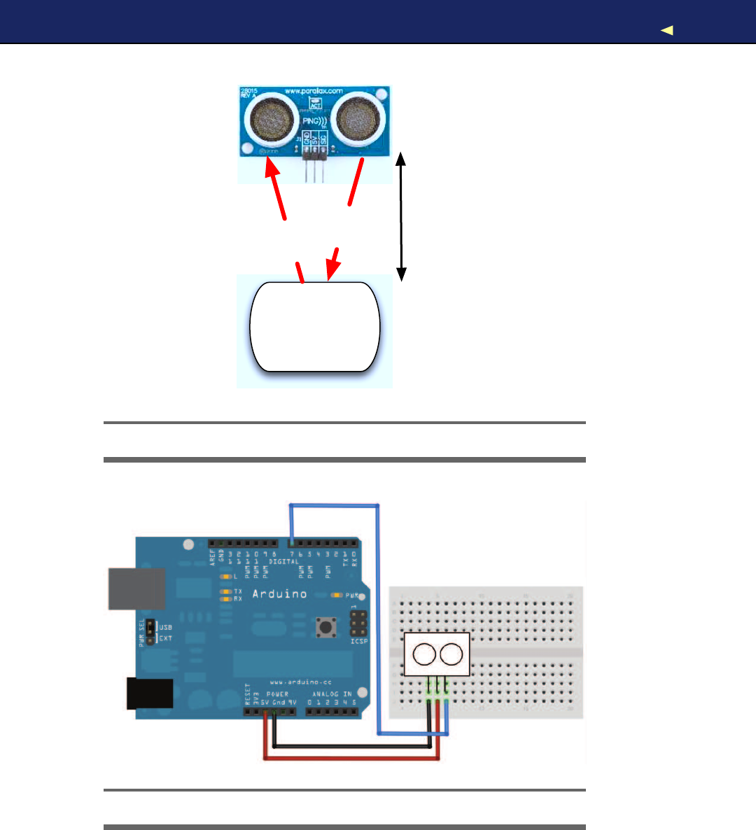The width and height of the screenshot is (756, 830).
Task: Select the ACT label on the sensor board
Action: point(316,105)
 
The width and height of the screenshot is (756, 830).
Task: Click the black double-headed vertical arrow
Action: point(401,217)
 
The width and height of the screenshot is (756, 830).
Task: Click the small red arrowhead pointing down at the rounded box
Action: point(332,265)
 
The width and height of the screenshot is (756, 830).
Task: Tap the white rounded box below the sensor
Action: point(315,327)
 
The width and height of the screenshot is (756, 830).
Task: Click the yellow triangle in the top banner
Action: point(667,30)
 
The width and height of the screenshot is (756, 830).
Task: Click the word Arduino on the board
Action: point(279,594)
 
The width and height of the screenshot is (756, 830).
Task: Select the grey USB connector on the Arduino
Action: point(136,589)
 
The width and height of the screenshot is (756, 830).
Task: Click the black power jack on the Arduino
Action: point(150,694)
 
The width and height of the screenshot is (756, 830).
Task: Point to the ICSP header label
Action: point(359,641)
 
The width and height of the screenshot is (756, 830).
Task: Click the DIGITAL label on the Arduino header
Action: point(284,562)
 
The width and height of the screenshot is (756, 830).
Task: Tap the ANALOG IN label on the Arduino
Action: point(332,694)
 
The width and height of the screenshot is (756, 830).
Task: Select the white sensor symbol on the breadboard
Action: point(437,654)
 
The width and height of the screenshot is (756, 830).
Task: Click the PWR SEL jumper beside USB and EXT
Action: point(150,632)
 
